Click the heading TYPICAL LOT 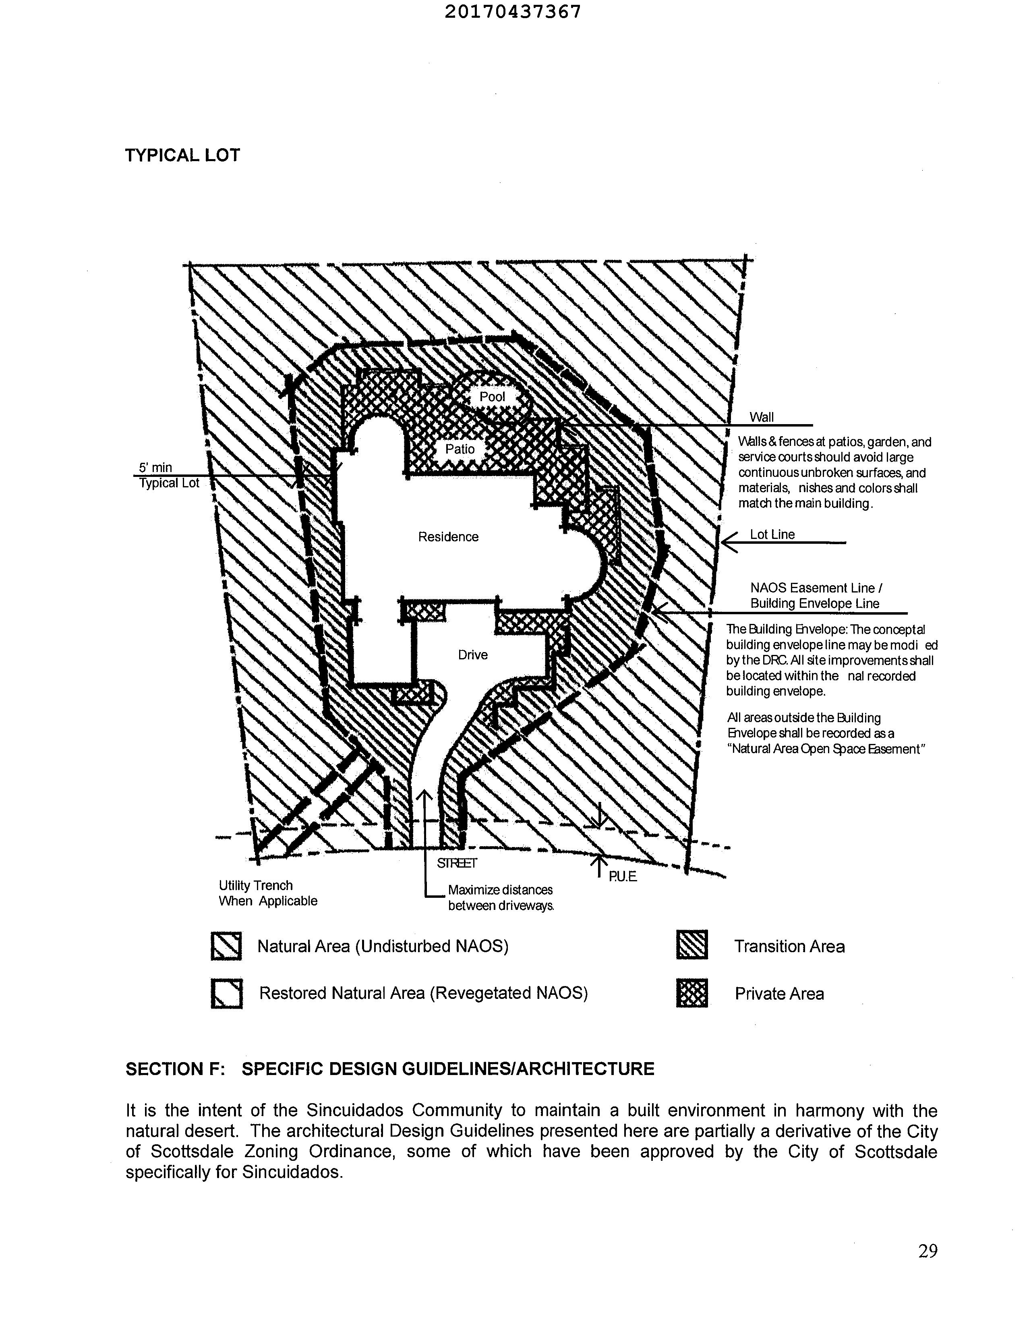coord(182,155)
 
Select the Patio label coord(459,449)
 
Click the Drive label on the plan coord(473,655)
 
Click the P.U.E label coord(622,876)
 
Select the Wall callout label coord(761,417)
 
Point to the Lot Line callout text coord(772,534)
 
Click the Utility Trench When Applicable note coord(267,893)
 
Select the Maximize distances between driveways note coord(500,898)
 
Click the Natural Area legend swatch coord(226,946)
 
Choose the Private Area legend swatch coord(692,993)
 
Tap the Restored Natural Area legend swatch coord(226,993)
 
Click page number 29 coord(927,1251)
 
